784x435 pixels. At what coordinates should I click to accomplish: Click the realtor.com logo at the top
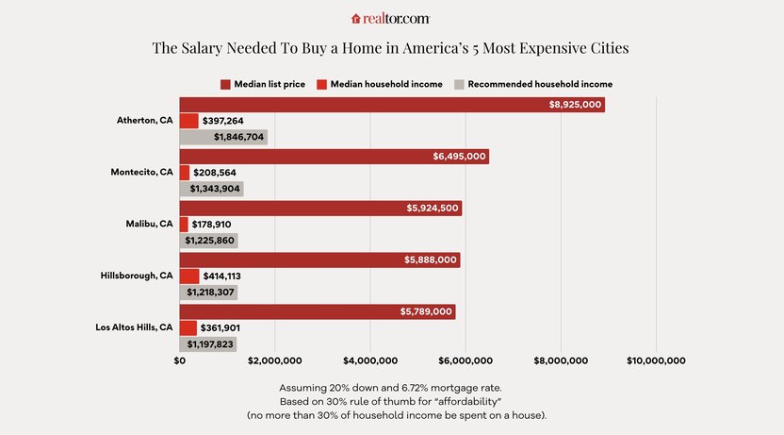click(x=391, y=18)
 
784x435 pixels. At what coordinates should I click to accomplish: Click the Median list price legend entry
click(x=263, y=84)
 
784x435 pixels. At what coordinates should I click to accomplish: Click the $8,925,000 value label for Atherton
click(x=575, y=104)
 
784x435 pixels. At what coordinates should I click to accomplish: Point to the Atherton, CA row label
click(x=144, y=121)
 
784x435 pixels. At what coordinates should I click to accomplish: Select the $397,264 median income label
click(x=223, y=121)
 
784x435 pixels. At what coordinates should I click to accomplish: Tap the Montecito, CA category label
click(x=141, y=173)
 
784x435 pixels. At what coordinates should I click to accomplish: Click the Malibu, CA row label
click(x=149, y=225)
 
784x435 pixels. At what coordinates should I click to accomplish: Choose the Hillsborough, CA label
click(x=137, y=276)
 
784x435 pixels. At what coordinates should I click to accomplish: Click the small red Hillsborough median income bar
click(x=189, y=276)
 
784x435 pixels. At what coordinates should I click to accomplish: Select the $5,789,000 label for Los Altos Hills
click(x=426, y=311)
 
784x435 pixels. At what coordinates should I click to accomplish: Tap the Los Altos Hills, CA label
click(x=134, y=327)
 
